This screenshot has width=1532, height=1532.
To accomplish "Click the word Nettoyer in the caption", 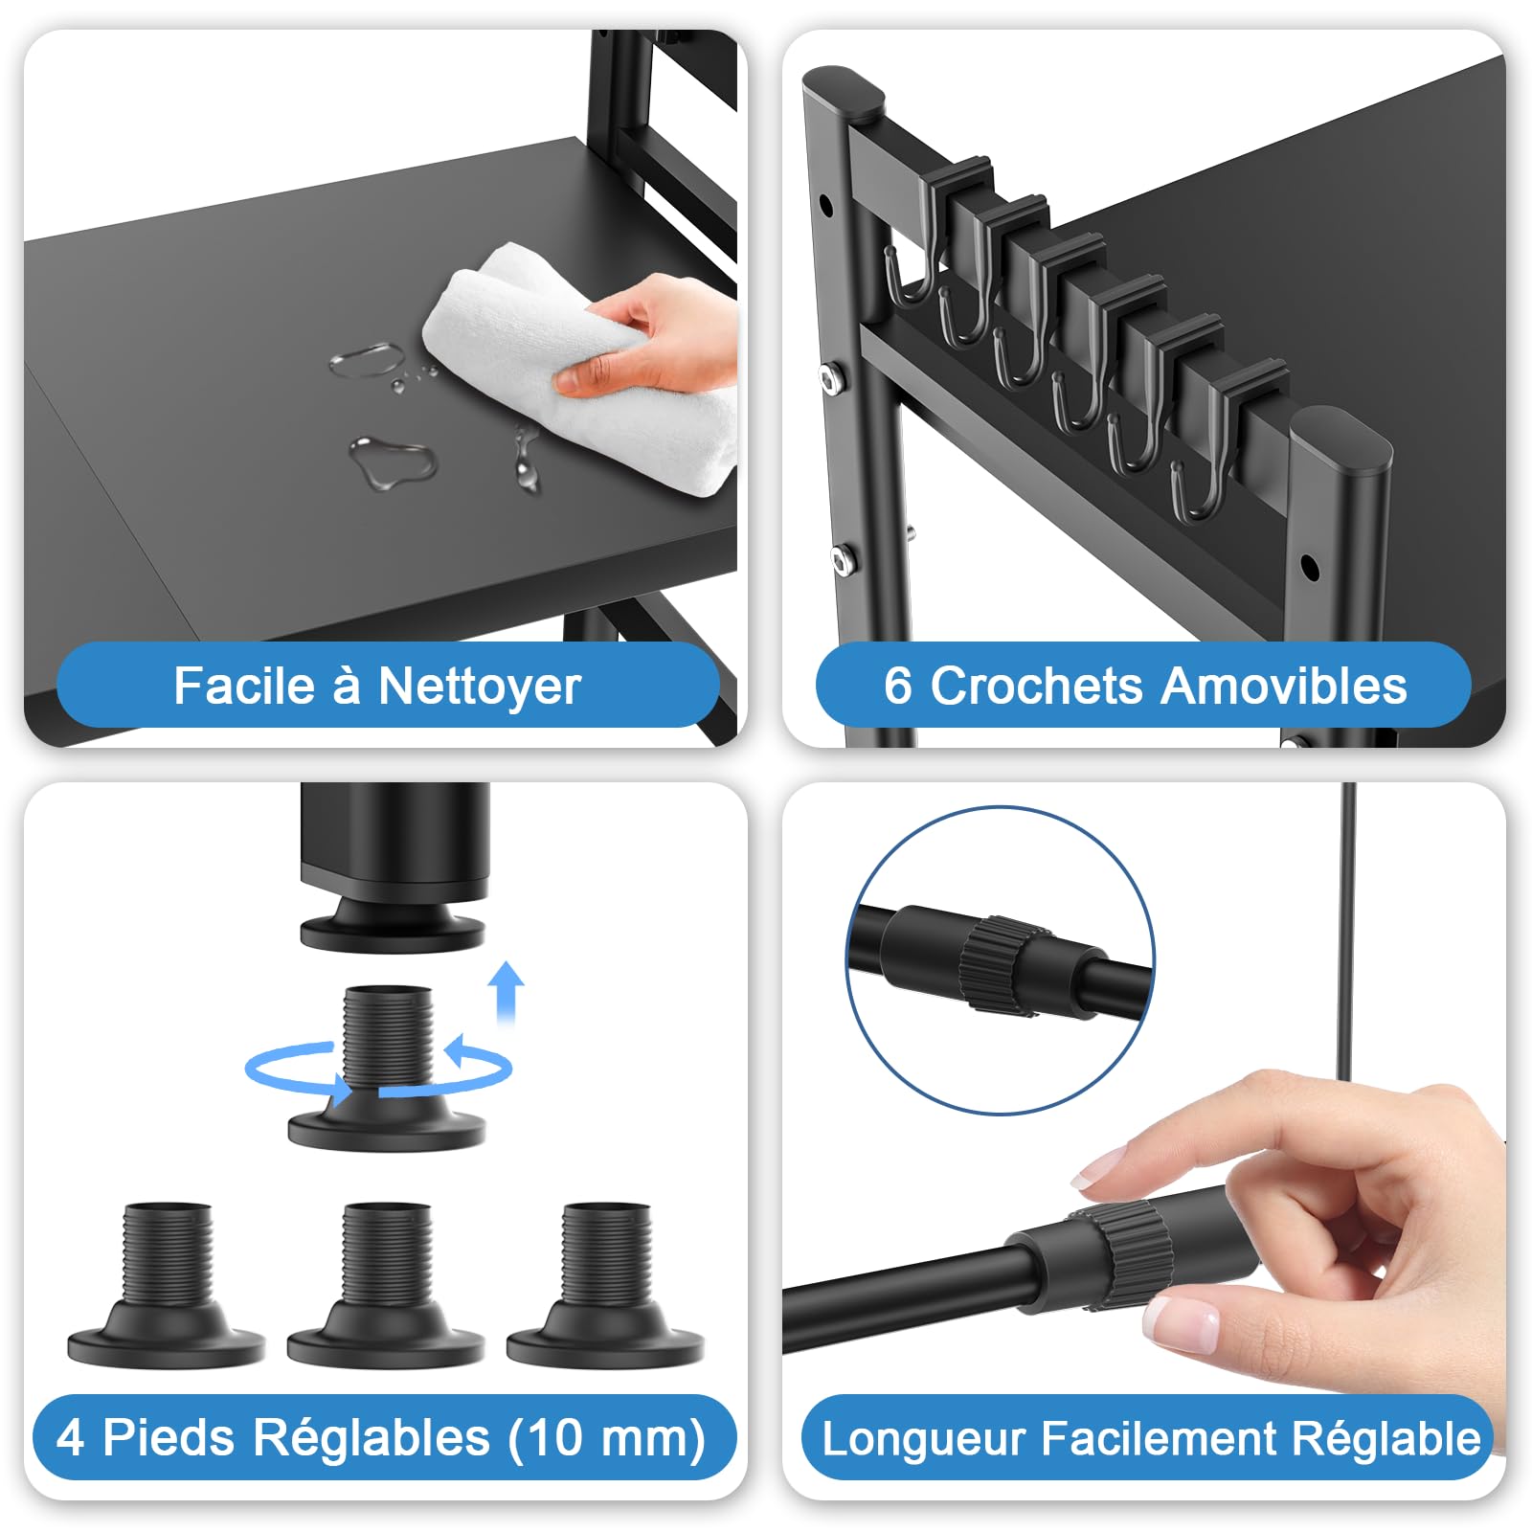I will [x=479, y=687].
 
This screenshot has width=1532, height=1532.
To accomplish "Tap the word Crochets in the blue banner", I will [x=1036, y=687].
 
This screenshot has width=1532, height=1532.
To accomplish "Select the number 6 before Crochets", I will [x=897, y=687].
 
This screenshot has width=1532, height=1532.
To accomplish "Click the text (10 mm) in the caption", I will [x=607, y=1437].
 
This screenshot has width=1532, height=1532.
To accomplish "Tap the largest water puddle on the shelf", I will [x=393, y=461].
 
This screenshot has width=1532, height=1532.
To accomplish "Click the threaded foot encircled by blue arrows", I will [x=387, y=1072].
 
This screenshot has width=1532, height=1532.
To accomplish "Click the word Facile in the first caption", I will [x=243, y=687].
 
